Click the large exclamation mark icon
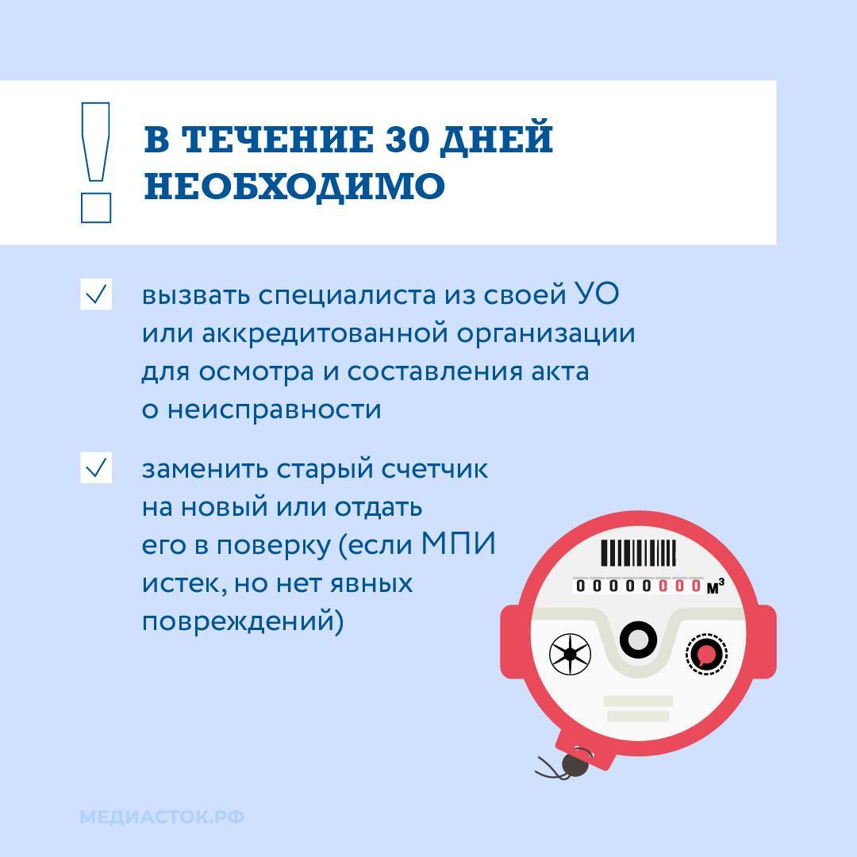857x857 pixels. click(96, 163)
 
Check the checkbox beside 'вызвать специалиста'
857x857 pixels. click(96, 294)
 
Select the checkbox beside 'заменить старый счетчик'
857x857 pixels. click(96, 468)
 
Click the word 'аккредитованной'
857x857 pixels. click(326, 333)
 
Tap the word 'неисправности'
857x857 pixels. click(275, 410)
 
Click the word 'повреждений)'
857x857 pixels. click(243, 622)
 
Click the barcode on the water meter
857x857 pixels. click(638, 553)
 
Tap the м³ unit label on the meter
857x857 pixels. click(715, 587)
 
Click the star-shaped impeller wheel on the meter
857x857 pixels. click(570, 654)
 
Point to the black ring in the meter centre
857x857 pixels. click(638, 640)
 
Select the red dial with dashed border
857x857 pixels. click(707, 654)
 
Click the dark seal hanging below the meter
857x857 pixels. click(575, 765)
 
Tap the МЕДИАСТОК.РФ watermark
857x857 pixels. click(162, 817)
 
